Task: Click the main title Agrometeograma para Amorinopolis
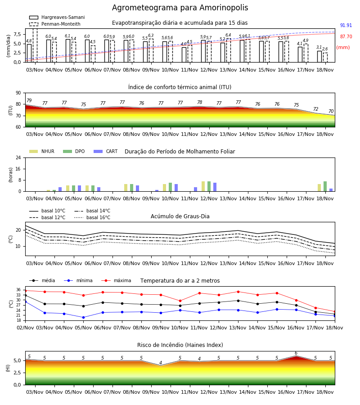click(x=180, y=8)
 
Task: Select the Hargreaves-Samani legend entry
click(x=57, y=17)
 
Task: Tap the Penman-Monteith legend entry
click(x=55, y=24)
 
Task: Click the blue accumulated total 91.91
click(x=346, y=25)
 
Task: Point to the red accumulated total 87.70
click(x=346, y=37)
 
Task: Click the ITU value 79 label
click(x=29, y=100)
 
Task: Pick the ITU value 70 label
click(x=331, y=111)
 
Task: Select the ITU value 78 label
click(x=200, y=102)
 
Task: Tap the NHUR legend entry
click(x=42, y=151)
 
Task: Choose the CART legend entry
click(x=106, y=151)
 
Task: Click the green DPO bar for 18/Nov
click(x=325, y=186)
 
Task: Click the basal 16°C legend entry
click(x=92, y=217)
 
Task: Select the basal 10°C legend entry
click(x=47, y=211)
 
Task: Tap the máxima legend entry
click(x=116, y=280)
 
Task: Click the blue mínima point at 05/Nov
click(x=83, y=317)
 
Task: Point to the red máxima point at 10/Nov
click(x=180, y=301)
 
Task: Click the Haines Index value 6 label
click(x=296, y=353)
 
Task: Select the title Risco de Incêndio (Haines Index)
click(x=180, y=345)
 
